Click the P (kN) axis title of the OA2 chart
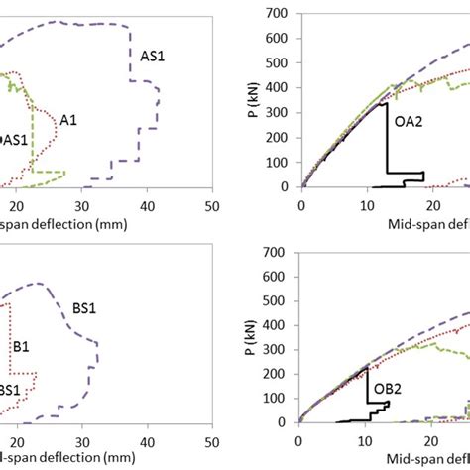point(257,99)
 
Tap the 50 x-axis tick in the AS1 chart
point(211,204)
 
